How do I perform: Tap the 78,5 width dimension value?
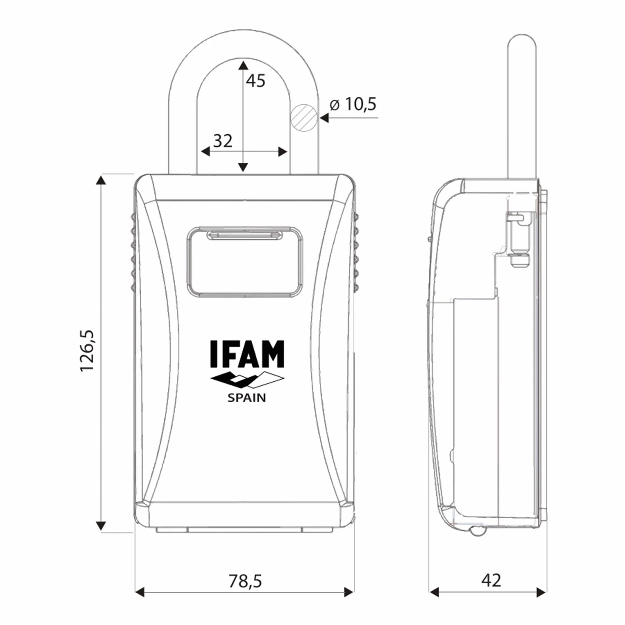[x=245, y=581]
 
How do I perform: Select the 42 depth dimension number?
[x=491, y=580]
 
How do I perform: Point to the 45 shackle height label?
[x=256, y=80]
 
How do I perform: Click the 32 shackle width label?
[x=223, y=141]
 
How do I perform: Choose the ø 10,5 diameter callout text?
[x=353, y=104]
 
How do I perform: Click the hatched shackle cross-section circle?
[x=304, y=117]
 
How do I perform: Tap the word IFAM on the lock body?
[x=247, y=354]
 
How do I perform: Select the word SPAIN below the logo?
[x=247, y=398]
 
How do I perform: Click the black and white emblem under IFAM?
[x=247, y=380]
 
